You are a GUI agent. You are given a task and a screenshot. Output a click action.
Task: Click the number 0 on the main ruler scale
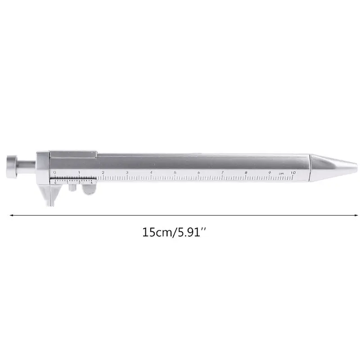(x=54, y=172)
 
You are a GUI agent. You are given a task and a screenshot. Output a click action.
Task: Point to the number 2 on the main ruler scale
(x=103, y=172)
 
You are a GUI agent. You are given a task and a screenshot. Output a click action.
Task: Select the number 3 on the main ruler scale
(x=127, y=172)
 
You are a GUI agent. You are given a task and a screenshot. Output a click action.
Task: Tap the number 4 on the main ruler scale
(x=151, y=172)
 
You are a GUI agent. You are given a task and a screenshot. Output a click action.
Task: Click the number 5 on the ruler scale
(x=175, y=172)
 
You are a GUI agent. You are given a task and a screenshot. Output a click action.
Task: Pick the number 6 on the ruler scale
(x=199, y=172)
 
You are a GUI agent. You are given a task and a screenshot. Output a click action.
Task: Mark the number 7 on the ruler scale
(x=222, y=172)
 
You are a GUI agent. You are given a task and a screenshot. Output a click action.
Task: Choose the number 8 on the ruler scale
(x=246, y=172)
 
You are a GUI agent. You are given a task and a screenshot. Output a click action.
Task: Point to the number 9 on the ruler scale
(x=270, y=172)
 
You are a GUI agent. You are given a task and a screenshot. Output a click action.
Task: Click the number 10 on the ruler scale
(x=293, y=172)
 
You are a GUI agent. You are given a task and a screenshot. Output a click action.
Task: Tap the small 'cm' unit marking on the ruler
(x=281, y=174)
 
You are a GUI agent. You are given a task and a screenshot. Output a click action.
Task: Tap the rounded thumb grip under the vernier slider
(x=89, y=190)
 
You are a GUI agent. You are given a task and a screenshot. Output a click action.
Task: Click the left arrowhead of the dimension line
(x=11, y=215)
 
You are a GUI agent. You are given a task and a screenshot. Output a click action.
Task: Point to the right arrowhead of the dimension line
(x=349, y=215)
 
